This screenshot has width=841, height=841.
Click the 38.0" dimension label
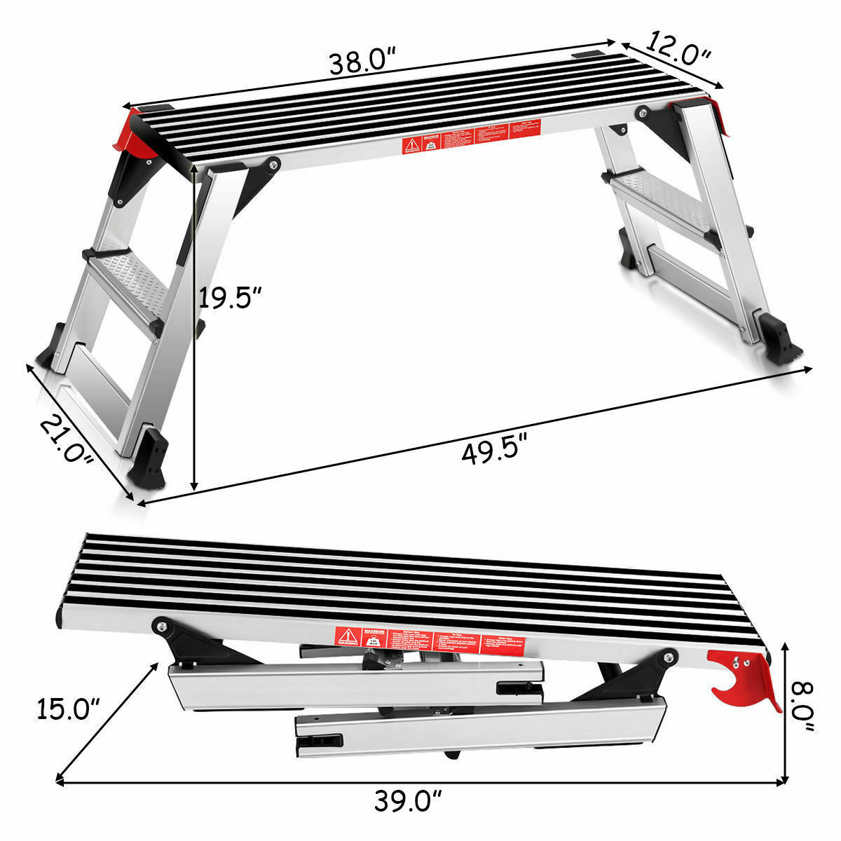[364, 63]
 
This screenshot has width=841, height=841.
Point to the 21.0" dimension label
[66, 439]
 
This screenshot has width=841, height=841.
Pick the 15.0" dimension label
[65, 709]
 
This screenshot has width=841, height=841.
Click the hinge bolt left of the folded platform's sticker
[162, 626]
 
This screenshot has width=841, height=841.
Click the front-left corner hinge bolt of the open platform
[271, 164]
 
